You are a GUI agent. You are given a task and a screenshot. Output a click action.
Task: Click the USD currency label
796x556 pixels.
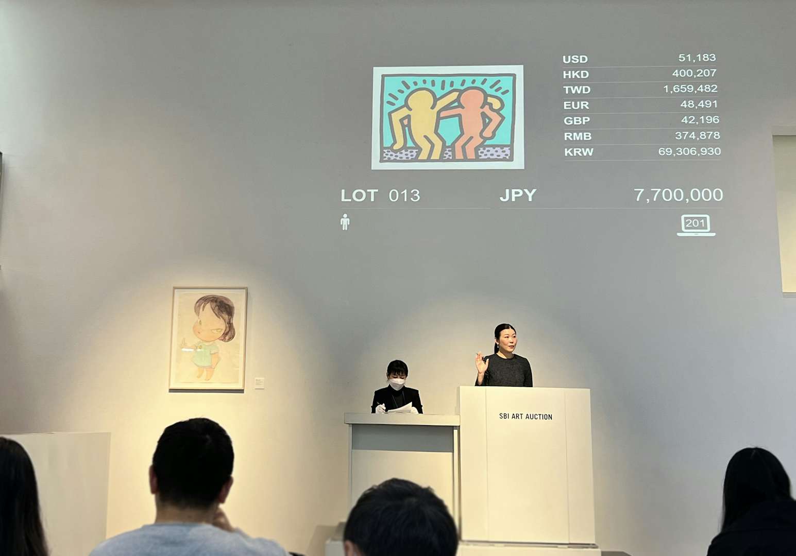tap(575, 59)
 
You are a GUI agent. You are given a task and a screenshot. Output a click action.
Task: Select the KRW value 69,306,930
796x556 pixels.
tap(689, 151)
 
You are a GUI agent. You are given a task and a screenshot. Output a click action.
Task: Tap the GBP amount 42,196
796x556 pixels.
tap(700, 120)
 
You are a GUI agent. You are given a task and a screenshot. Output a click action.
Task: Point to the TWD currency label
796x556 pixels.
tap(577, 90)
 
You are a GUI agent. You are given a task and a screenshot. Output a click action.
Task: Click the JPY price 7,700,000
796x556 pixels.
tap(679, 195)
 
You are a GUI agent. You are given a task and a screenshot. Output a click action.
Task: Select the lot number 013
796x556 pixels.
tap(404, 196)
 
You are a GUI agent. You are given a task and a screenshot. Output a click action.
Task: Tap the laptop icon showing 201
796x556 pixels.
tap(696, 225)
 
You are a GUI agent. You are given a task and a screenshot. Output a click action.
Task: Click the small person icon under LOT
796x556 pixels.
tap(345, 222)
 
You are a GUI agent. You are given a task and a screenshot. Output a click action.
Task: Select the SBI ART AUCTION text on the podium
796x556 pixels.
tap(526, 416)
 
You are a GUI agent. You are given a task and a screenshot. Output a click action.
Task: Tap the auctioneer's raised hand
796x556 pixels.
tap(481, 363)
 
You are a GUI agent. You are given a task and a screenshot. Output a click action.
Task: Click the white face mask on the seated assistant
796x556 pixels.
tap(397, 384)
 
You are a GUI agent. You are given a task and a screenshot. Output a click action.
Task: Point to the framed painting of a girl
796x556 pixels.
tap(208, 339)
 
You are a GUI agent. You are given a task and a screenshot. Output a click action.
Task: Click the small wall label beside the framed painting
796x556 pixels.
tap(260, 383)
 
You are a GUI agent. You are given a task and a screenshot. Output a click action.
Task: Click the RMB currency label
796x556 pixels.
tap(578, 136)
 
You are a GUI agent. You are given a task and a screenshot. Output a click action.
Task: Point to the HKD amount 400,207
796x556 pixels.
tap(694, 74)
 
